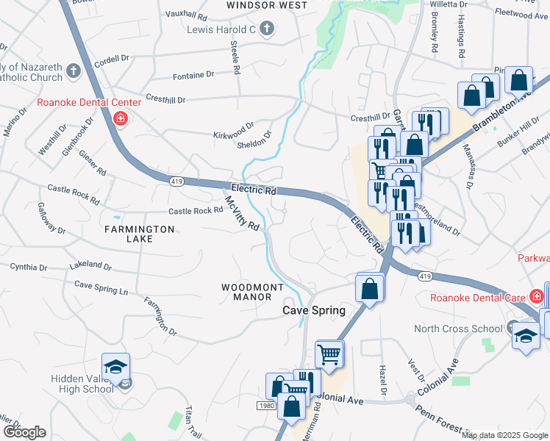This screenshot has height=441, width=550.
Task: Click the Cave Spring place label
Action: (314, 310)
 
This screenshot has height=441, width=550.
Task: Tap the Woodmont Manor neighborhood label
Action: (246, 291)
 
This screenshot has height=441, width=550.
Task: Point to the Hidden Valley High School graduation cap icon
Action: (115, 366)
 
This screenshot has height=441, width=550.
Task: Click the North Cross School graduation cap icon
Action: (524, 336)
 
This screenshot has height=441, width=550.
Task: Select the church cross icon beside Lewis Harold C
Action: (266, 29)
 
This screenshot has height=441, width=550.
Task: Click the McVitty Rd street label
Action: (242, 213)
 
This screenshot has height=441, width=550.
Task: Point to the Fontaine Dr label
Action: (193, 75)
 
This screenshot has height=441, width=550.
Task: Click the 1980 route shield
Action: (267, 406)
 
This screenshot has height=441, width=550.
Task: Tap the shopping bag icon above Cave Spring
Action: (370, 288)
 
